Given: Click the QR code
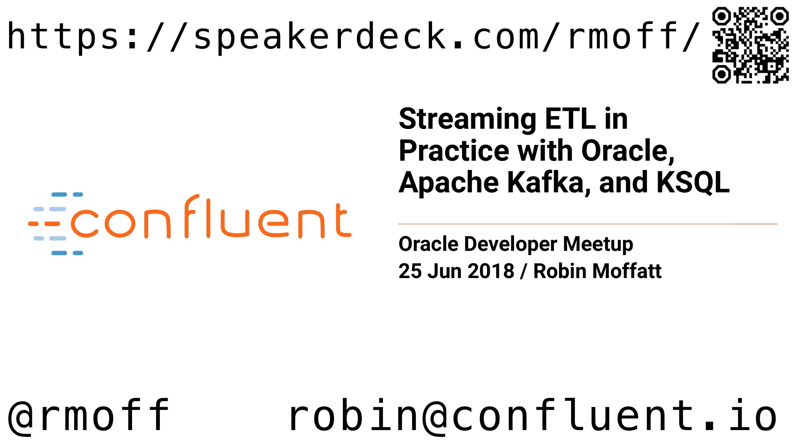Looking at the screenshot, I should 750,45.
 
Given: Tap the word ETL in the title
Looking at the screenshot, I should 570,119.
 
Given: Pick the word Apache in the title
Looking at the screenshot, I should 449,183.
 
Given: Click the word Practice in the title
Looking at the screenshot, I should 454,151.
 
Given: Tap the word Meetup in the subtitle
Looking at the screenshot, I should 598,244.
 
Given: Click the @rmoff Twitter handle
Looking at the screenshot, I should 88,415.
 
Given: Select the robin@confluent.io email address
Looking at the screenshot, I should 532,415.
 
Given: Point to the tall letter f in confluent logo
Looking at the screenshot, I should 192,217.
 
